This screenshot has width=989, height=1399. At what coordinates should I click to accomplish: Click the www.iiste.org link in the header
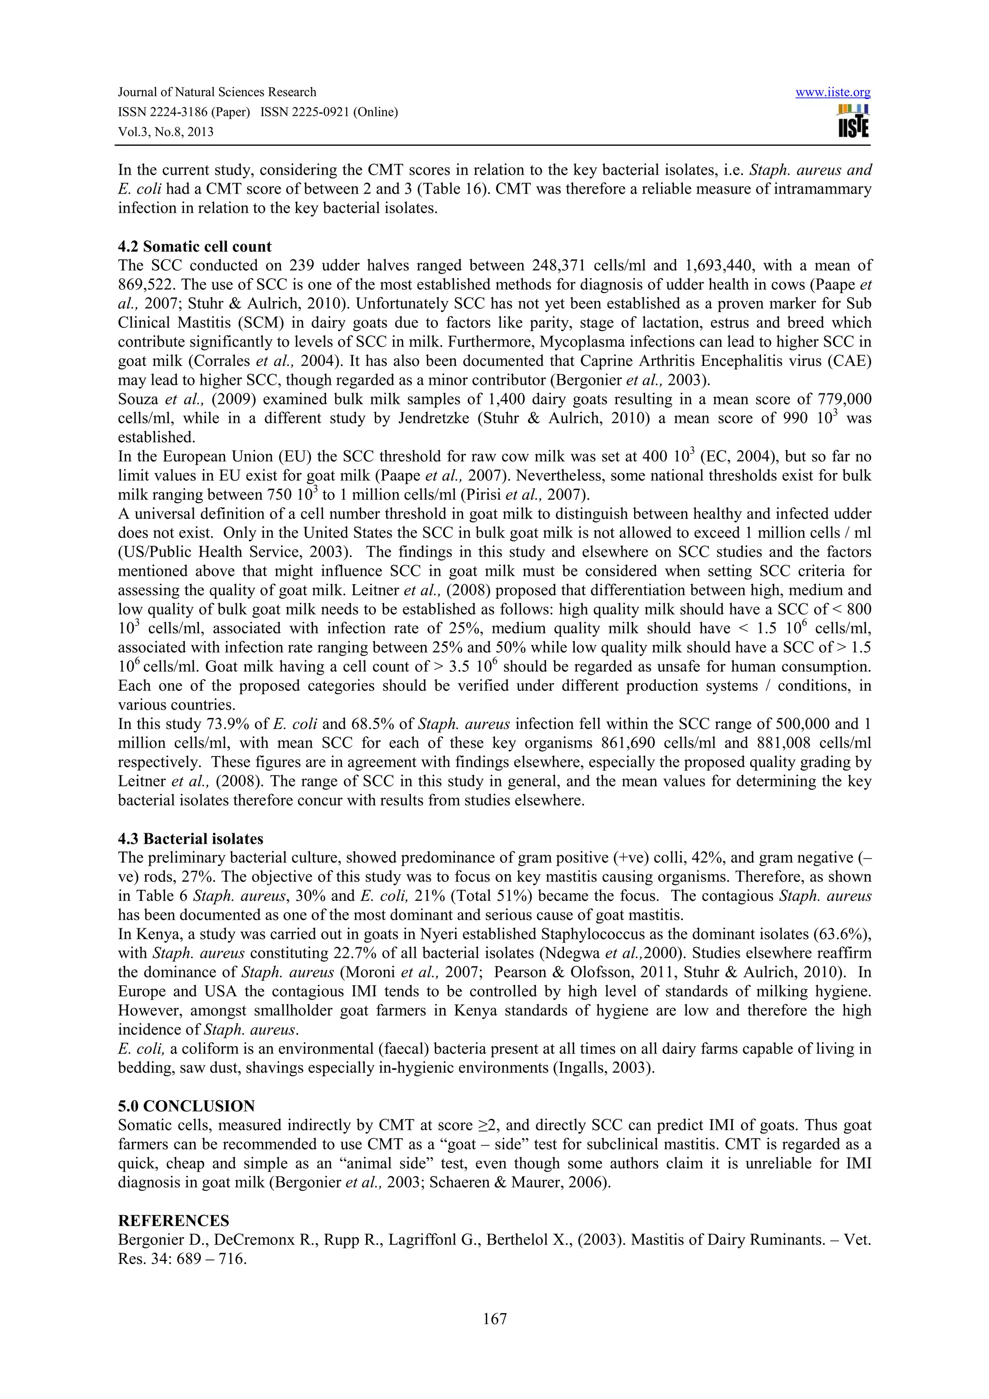[x=833, y=93]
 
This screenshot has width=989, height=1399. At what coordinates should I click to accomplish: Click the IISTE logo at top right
[x=853, y=121]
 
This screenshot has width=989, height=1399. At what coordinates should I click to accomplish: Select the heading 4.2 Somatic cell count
[x=195, y=247]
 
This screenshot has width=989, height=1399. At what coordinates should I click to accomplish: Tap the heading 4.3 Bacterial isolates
[x=190, y=839]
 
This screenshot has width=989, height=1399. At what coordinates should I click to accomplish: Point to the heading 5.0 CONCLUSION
[x=186, y=1106]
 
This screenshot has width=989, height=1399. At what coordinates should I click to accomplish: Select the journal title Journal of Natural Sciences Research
[x=217, y=93]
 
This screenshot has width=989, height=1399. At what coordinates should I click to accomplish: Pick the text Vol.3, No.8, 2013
[x=165, y=132]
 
